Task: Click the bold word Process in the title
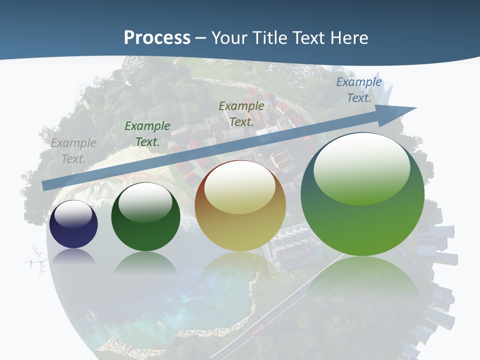(157, 38)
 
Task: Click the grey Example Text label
(73, 151)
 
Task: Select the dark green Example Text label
(147, 134)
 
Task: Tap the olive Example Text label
(241, 113)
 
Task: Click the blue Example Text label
(359, 90)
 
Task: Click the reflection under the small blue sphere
(73, 256)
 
